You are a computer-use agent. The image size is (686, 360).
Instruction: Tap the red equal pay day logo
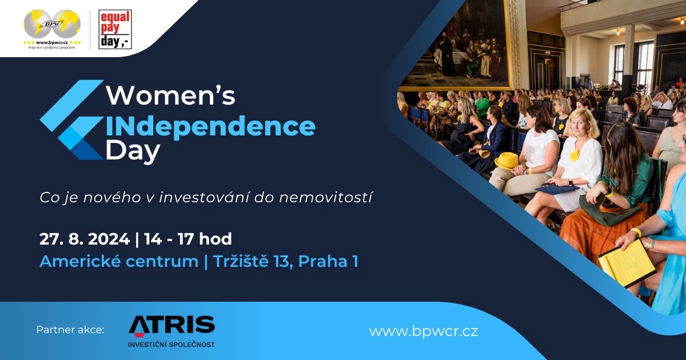click(115, 29)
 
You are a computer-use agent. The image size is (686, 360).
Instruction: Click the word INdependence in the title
click(210, 126)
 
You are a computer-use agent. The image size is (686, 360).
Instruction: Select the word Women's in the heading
click(170, 96)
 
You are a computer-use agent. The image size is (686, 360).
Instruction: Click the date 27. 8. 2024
click(85, 239)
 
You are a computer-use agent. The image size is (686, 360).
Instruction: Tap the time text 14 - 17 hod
click(188, 239)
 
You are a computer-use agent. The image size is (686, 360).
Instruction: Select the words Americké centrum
click(119, 262)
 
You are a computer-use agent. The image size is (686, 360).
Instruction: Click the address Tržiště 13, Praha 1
click(286, 262)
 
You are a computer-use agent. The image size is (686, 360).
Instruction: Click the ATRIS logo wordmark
click(171, 325)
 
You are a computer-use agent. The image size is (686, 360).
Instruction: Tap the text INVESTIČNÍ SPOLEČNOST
click(171, 345)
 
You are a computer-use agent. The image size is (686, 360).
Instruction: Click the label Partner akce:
click(70, 330)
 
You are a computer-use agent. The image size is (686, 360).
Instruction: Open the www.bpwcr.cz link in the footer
click(424, 331)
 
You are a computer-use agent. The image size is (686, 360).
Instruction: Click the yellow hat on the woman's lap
click(506, 161)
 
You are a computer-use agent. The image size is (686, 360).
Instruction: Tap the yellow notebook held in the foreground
click(627, 263)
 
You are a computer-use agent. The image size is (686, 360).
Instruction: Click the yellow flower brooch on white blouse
click(574, 156)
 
